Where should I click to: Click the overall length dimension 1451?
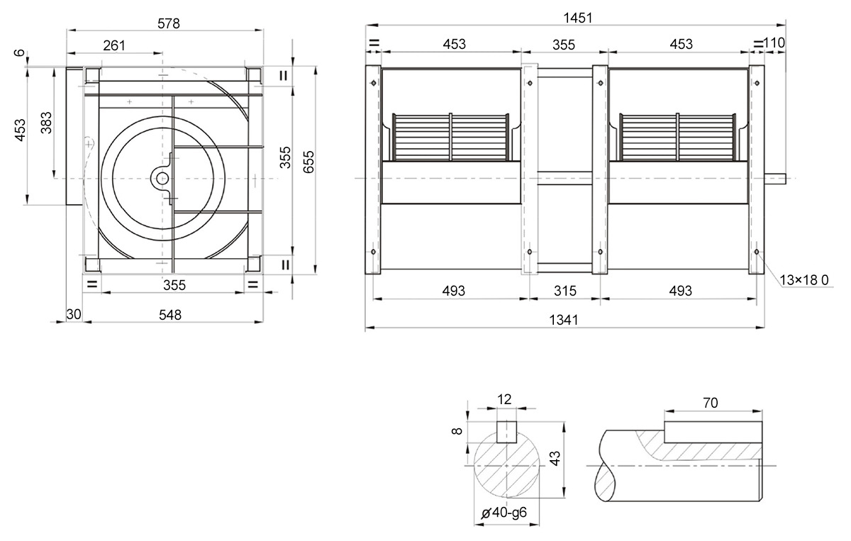[x=577, y=18]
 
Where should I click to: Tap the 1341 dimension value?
[x=564, y=320]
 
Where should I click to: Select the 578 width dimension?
[x=168, y=23]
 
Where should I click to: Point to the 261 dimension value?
[x=114, y=45]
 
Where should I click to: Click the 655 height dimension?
[x=309, y=162]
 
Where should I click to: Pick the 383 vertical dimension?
[x=46, y=123]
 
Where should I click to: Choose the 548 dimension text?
[x=169, y=315]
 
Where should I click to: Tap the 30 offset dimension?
[x=74, y=314]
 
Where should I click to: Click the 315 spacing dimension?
[x=565, y=291]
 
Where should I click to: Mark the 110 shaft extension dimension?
[x=774, y=43]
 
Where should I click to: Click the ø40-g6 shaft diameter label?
[x=504, y=513]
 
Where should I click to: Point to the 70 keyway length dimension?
[x=710, y=403]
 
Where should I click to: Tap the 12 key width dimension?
[x=504, y=399]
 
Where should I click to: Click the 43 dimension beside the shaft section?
[x=555, y=458]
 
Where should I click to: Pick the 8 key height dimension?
[x=457, y=431]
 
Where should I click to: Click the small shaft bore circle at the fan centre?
[x=162, y=179]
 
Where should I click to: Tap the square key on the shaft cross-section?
[x=507, y=432]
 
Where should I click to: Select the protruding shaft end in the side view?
[x=775, y=179]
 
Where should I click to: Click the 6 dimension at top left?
[x=20, y=52]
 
